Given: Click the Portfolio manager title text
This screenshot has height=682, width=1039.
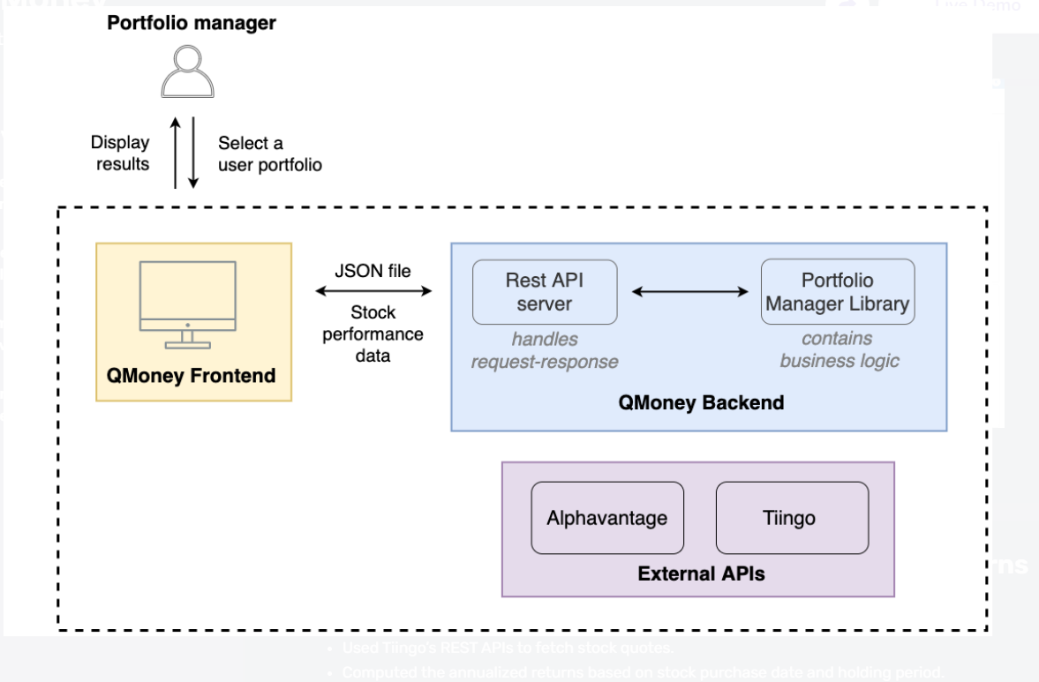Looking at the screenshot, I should tap(192, 24).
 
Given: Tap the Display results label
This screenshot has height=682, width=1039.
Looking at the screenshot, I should tap(121, 153).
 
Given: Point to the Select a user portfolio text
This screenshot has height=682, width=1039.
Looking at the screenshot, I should tap(269, 154).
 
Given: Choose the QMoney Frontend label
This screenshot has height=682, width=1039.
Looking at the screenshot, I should tap(192, 375).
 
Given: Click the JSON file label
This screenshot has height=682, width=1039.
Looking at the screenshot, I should tap(373, 272).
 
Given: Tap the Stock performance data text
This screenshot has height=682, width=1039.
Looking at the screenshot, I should tap(373, 334).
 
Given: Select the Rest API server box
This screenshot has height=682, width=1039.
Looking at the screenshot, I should tap(545, 292).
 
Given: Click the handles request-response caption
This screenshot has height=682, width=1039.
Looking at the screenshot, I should tap(545, 350).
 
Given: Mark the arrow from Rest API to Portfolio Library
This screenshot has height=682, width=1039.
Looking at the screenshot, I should tap(689, 291).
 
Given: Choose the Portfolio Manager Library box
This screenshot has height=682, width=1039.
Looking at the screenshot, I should tap(837, 292).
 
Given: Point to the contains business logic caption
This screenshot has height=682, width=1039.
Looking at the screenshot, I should tap(837, 349).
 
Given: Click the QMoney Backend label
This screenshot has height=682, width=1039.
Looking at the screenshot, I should tap(701, 403).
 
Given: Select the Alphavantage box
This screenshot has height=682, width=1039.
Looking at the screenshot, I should tap(607, 518).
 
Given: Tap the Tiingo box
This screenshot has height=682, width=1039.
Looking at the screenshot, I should tap(792, 518).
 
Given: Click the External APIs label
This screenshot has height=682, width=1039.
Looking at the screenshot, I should tap(701, 573).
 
